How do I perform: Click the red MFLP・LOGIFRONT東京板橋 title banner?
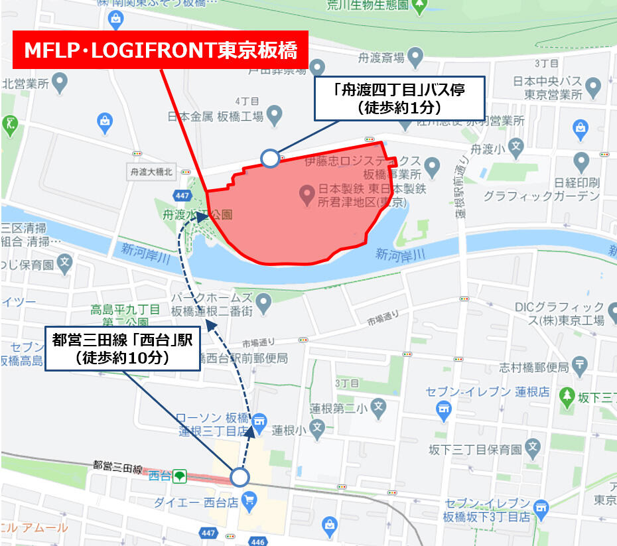coord(161,50)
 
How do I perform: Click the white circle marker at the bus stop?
coord(270,158)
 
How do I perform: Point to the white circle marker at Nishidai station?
coord(240,478)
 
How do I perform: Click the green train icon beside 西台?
coord(178,476)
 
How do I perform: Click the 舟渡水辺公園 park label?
coord(197,215)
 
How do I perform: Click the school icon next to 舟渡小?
coord(515,147)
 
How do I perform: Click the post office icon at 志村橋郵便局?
coord(581,364)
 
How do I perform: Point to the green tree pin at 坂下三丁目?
coord(567,396)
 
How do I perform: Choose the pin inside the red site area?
coord(307,194)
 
